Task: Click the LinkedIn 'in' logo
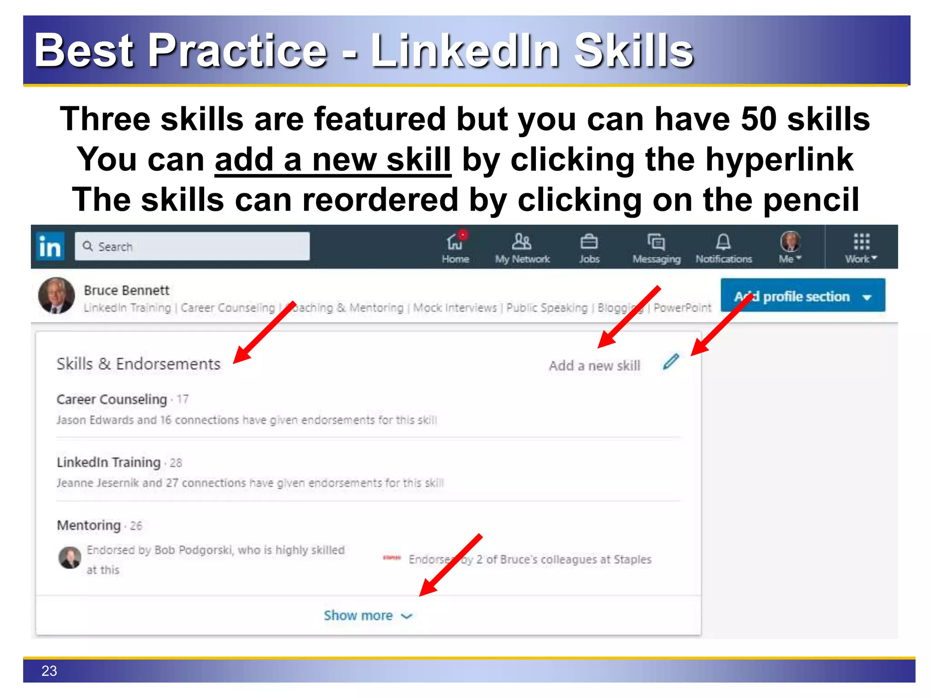point(50,247)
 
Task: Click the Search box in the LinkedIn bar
point(192,247)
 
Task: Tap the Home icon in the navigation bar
point(455,242)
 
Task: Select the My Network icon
point(521,242)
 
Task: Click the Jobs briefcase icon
point(589,242)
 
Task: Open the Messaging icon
point(656,242)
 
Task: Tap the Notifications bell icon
point(723,242)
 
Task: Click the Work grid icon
point(861,242)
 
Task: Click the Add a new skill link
point(594,366)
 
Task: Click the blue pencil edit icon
point(671,362)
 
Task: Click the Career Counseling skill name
point(112,399)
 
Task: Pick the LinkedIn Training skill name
point(109,462)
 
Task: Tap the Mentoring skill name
point(89,525)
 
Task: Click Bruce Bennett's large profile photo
point(56,296)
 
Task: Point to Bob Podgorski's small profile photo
point(70,557)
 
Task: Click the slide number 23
point(49,671)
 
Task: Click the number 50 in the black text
point(758,119)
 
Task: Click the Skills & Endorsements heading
point(139,364)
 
